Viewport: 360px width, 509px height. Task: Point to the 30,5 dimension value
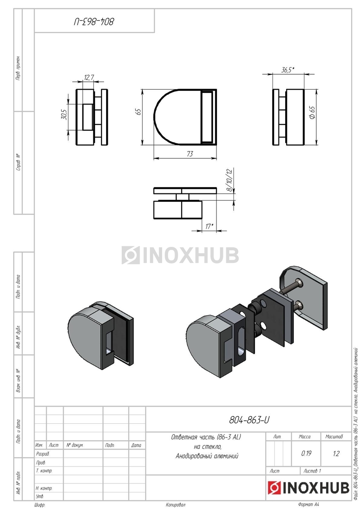click(x=64, y=115)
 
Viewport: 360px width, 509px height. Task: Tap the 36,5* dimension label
click(x=288, y=70)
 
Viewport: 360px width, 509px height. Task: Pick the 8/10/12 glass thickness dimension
click(x=230, y=181)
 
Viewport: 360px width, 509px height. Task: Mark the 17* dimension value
click(x=209, y=227)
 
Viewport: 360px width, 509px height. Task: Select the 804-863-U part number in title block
click(x=249, y=420)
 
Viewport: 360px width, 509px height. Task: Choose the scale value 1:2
click(x=336, y=453)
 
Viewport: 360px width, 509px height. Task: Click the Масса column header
click(x=305, y=436)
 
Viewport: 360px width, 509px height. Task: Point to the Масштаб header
click(x=334, y=436)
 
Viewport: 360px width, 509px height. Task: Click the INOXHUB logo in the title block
click(x=308, y=488)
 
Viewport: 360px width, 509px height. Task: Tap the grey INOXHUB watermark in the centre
click(x=180, y=255)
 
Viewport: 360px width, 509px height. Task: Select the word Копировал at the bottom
click(x=176, y=505)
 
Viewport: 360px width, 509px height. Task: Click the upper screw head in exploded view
click(x=299, y=282)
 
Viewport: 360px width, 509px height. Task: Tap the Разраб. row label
click(x=43, y=453)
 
